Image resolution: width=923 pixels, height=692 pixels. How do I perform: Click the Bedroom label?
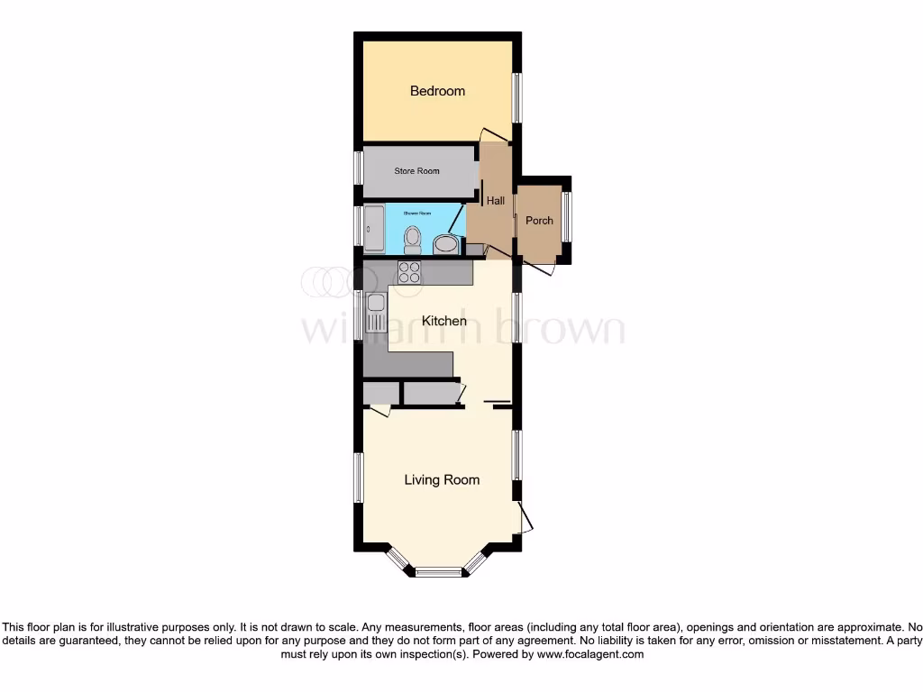pos(437,91)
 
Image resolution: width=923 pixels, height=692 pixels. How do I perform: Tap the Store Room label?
pos(416,171)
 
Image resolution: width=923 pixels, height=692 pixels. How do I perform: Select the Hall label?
pos(496,201)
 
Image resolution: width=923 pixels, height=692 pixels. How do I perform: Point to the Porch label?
pos(539,221)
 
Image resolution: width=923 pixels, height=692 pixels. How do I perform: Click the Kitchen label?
pos(444,321)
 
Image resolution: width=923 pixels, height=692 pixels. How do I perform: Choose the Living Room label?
pos(442,480)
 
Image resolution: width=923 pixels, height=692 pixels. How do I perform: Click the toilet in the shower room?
pos(413,238)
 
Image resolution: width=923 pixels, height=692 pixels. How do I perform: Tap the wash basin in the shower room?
pos(444,244)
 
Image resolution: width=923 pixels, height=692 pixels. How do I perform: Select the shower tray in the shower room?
pos(377,229)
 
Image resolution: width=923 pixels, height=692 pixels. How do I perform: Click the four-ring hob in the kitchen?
pos(408,272)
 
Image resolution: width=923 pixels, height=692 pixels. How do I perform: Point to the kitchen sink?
pos(375,312)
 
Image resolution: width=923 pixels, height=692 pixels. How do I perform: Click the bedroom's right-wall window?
pos(517,97)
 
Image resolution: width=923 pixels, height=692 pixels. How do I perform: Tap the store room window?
pos(358,168)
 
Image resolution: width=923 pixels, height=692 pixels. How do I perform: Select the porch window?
pos(567,217)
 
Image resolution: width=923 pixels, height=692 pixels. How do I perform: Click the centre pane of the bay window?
pos(439,570)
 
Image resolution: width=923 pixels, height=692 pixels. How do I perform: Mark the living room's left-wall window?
pos(358,477)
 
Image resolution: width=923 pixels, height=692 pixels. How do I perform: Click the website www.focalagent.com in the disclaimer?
pos(590,655)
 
